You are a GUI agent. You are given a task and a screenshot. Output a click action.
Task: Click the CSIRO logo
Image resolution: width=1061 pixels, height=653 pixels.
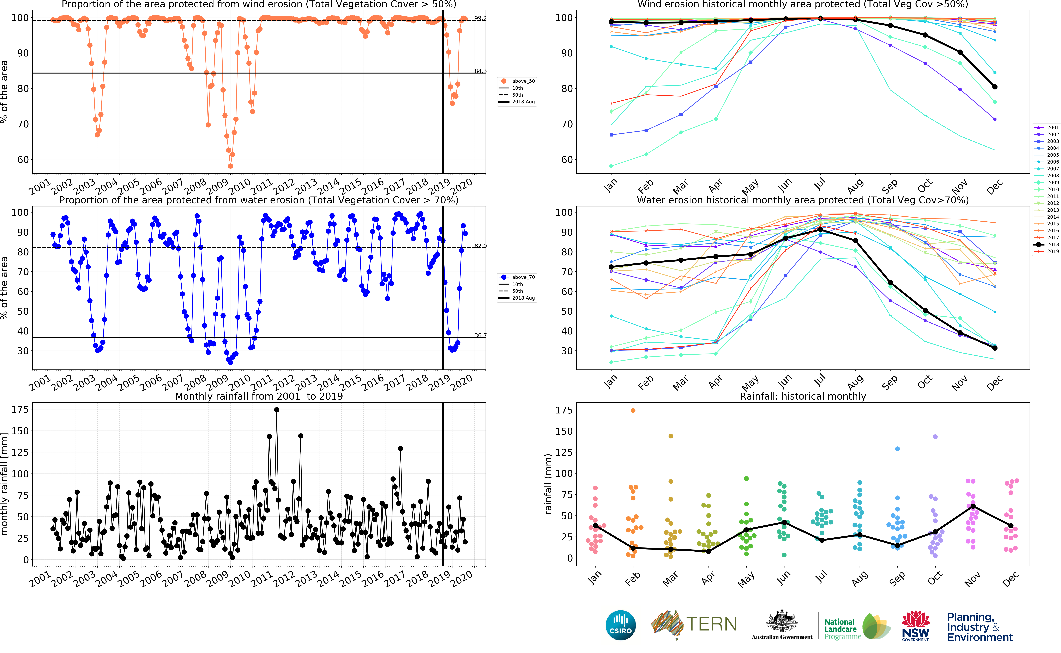621,625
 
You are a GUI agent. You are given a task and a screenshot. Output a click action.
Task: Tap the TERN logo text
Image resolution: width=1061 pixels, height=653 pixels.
711,624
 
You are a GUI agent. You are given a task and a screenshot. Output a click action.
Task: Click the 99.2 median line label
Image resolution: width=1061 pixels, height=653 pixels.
480,18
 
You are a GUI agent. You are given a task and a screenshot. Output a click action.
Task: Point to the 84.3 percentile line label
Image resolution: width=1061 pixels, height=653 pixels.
480,71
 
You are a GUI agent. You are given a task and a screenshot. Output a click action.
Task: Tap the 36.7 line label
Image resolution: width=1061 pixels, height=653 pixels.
480,335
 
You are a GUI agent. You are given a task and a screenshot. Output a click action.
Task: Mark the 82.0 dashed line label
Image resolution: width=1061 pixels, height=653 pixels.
480,246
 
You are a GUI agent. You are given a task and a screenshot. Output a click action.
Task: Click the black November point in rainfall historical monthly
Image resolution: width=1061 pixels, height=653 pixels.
973,506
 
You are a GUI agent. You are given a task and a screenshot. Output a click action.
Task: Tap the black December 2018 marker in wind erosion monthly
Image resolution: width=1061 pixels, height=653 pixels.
995,87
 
